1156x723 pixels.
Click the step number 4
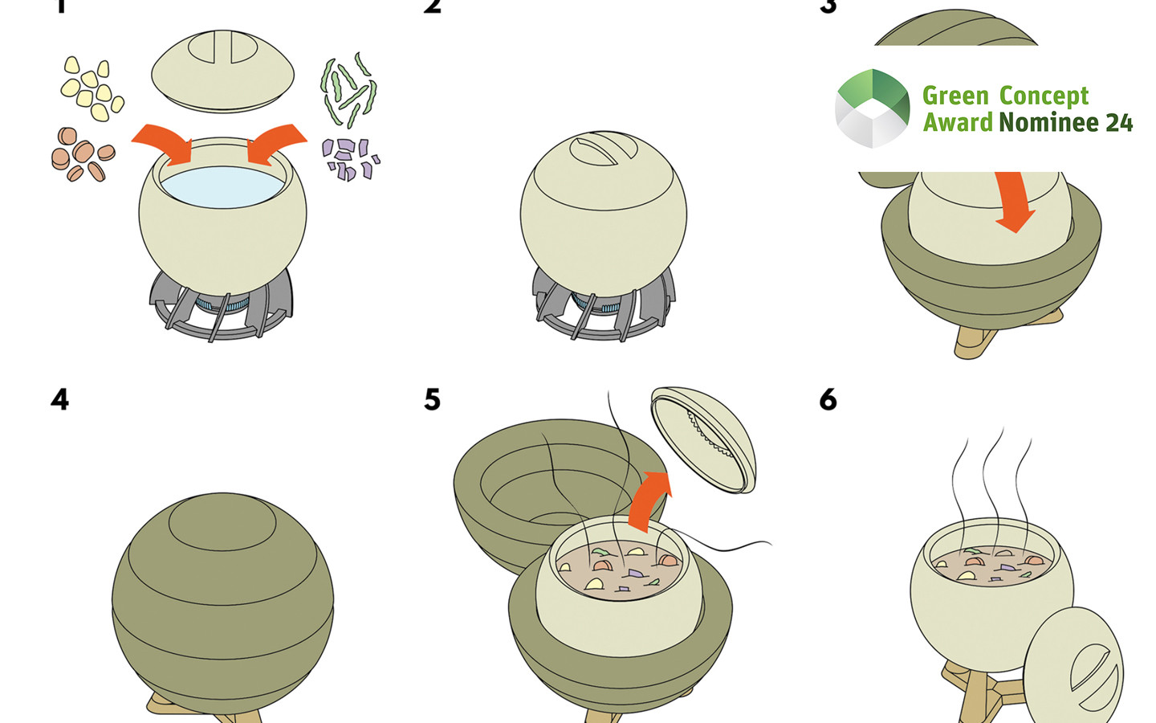click(x=59, y=399)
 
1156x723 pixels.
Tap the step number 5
click(x=432, y=399)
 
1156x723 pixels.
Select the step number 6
click(x=828, y=399)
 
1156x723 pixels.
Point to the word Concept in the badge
click(x=1044, y=96)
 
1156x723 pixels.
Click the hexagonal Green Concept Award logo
click(x=873, y=108)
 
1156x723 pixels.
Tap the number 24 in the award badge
click(x=1119, y=123)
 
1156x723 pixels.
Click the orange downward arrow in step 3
click(x=1015, y=201)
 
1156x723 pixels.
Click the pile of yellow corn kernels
click(x=92, y=88)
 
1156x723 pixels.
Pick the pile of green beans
click(x=348, y=88)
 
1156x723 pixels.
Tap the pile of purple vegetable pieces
click(x=350, y=158)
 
